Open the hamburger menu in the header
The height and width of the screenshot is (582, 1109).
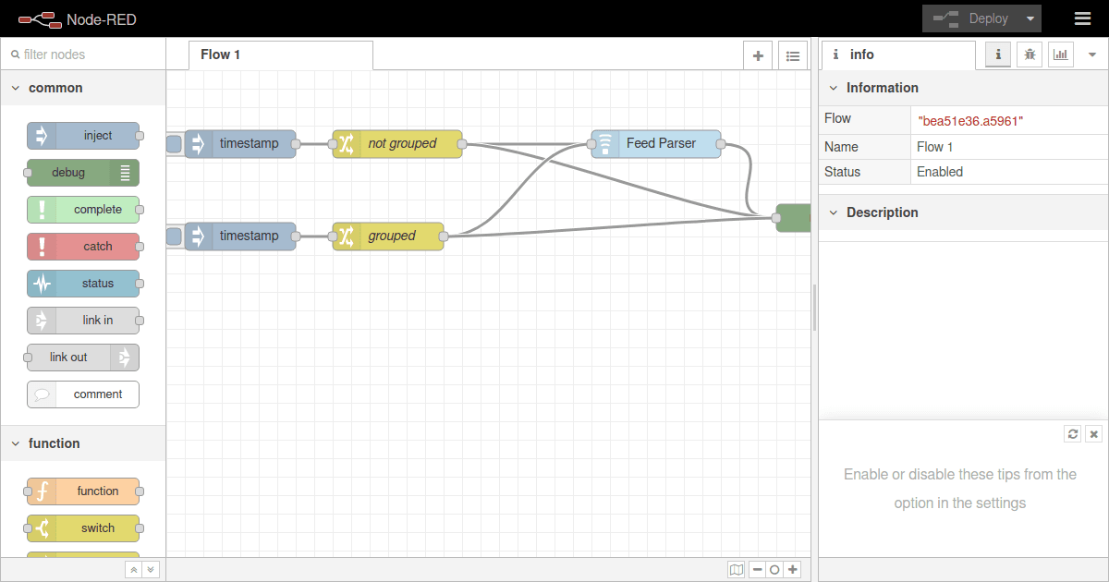pyautogui.click(x=1082, y=18)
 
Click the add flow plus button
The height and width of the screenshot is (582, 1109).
pyautogui.click(x=758, y=55)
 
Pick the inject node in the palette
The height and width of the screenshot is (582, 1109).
pyautogui.click(x=83, y=136)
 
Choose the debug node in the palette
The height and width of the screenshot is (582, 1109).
pyautogui.click(x=83, y=173)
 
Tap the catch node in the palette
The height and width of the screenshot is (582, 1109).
pyautogui.click(x=83, y=247)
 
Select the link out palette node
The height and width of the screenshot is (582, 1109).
pyautogui.click(x=83, y=358)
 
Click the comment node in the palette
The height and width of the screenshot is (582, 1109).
pyautogui.click(x=83, y=394)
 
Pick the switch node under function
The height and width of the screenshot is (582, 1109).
pyautogui.click(x=83, y=528)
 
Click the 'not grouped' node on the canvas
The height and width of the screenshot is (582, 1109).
pyautogui.click(x=397, y=144)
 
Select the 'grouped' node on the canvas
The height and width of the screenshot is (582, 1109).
pyautogui.click(x=388, y=236)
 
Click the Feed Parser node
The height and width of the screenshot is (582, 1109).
pyautogui.click(x=656, y=144)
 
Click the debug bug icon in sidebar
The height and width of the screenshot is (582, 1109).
pyautogui.click(x=1030, y=55)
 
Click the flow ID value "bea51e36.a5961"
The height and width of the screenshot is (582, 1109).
pyautogui.click(x=970, y=120)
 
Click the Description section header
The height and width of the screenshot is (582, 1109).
pyautogui.click(x=882, y=212)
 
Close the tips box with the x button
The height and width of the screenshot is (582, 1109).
pyautogui.click(x=1093, y=434)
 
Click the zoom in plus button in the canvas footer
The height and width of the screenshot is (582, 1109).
pyautogui.click(x=793, y=570)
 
